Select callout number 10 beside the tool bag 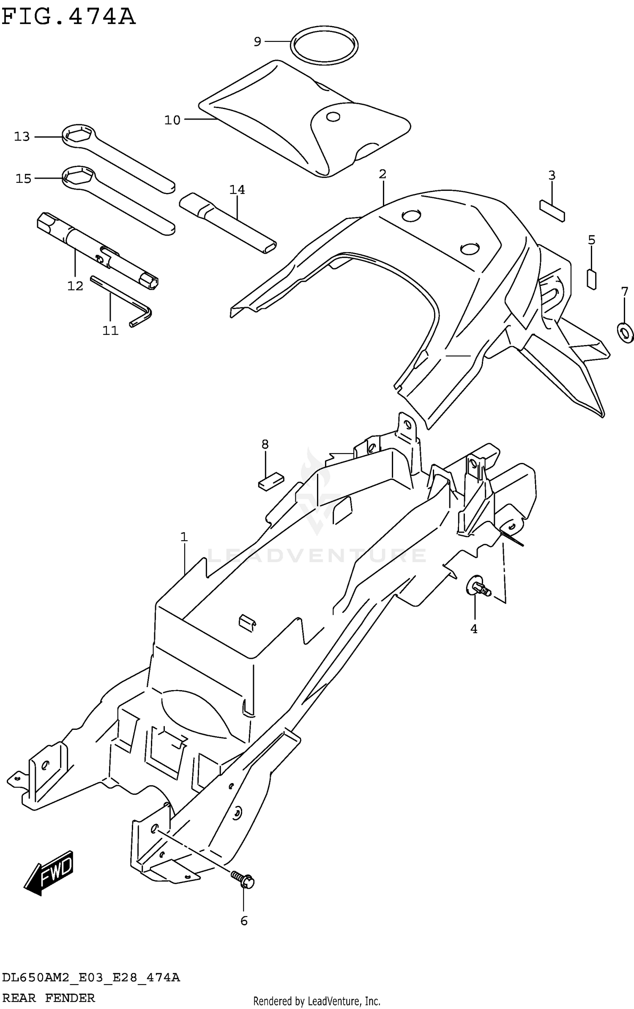click(172, 120)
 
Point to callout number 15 click(24, 179)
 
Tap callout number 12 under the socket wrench click(75, 286)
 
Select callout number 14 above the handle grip click(237, 190)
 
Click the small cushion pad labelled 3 click(552, 210)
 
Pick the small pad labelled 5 click(592, 279)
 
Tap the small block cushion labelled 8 click(271, 481)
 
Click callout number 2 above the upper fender click(383, 174)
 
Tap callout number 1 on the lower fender click(183, 537)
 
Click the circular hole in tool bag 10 click(333, 117)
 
